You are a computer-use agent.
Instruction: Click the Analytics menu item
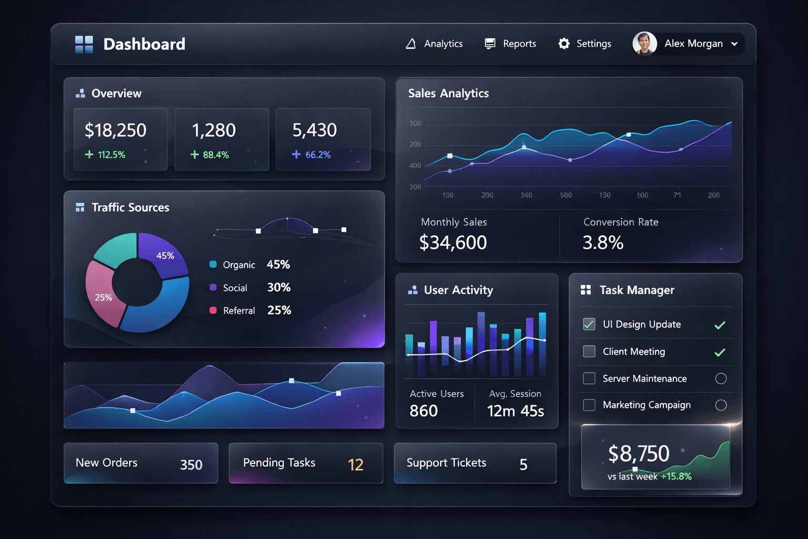tap(435, 44)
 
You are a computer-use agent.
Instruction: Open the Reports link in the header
tap(510, 44)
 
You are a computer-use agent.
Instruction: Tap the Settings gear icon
tap(564, 44)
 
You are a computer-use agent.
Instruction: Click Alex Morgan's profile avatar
tap(644, 44)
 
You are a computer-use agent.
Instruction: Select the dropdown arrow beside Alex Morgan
tap(734, 44)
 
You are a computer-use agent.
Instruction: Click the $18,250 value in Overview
tap(115, 130)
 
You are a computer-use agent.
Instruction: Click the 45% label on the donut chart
tap(165, 256)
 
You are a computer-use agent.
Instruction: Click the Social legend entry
tap(235, 288)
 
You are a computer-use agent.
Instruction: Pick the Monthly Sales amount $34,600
tap(453, 243)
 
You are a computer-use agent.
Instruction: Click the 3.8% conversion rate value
tap(603, 243)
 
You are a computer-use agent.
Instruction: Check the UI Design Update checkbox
tap(589, 324)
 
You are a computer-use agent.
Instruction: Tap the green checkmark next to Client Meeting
tap(720, 352)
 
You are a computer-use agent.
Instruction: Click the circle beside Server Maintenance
tap(721, 378)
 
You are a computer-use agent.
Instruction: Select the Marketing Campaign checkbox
tap(589, 405)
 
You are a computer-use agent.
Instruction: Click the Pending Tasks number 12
tap(356, 465)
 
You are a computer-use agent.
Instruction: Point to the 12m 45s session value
tap(516, 411)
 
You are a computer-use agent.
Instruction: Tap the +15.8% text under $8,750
tap(676, 476)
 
